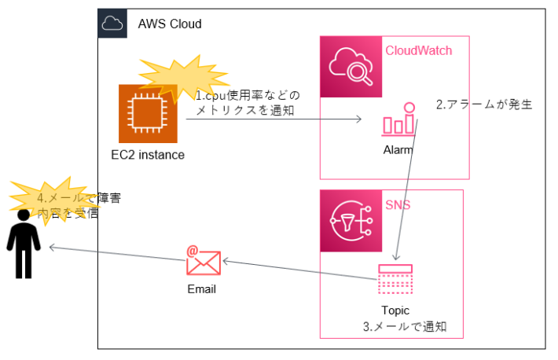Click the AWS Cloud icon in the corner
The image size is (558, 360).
pos(112,24)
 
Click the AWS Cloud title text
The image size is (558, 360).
pos(170,24)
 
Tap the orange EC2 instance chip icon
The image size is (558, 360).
pos(148,114)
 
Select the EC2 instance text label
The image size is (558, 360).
pos(148,155)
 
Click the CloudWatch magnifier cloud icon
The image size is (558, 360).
pos(350,66)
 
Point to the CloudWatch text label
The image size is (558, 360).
pos(418,51)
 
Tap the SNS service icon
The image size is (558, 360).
pos(351,220)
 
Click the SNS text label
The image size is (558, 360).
pos(397,205)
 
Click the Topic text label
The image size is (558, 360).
pos(395,310)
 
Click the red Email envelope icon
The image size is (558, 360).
pos(204,260)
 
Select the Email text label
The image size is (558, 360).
pos(202,289)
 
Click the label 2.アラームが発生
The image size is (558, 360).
pos(484,104)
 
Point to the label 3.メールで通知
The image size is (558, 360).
pos(404,326)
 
